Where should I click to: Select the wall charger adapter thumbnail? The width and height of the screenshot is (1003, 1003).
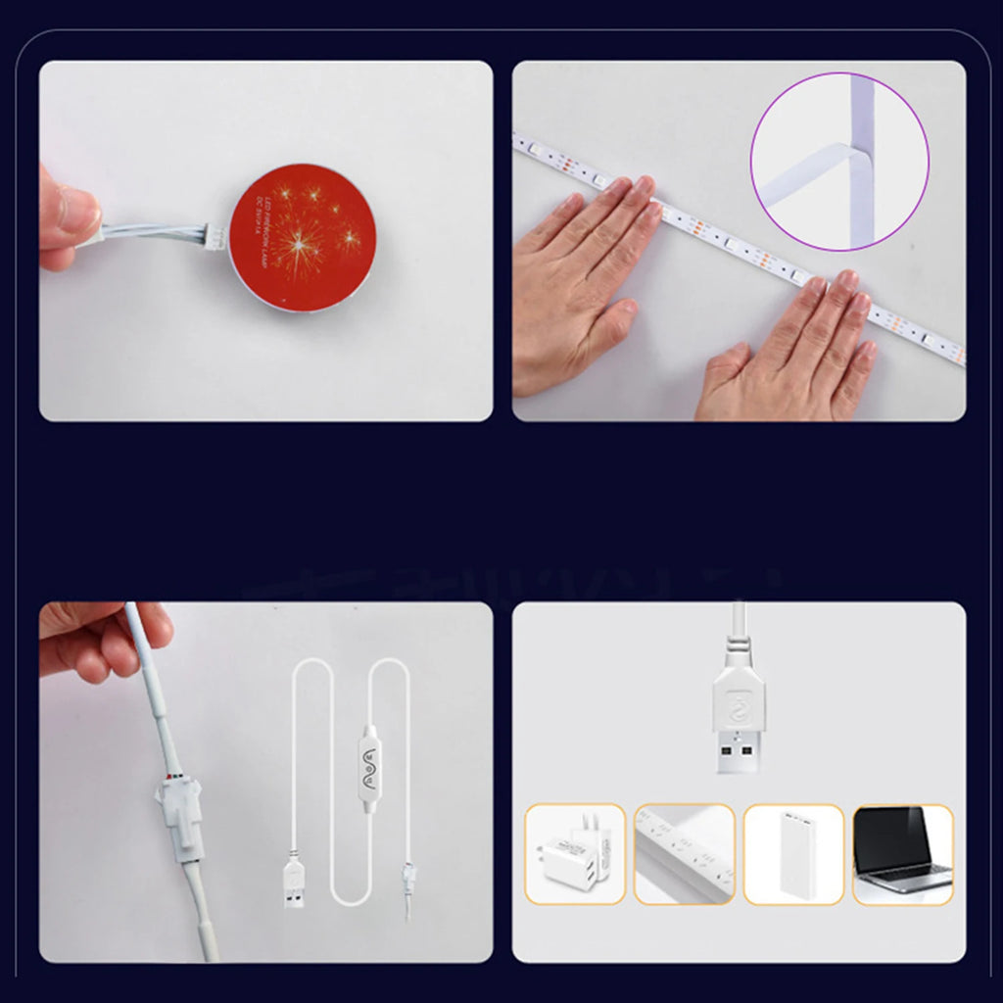[x=575, y=853]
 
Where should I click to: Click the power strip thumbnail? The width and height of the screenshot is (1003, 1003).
[x=684, y=853]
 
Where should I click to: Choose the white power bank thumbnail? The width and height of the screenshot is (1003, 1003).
[x=793, y=853]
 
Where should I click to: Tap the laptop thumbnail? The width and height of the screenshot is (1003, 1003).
[x=902, y=853]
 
